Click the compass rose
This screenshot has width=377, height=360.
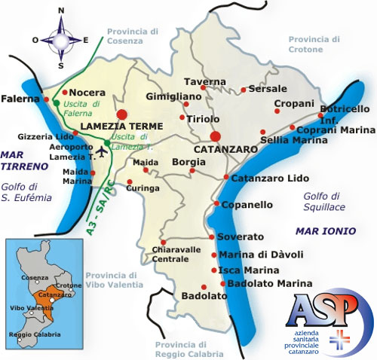62,38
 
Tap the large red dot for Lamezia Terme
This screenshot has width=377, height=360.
123,114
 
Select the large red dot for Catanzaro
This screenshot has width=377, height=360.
215,136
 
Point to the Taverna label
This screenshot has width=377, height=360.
206,81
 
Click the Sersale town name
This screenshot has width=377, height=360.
268,88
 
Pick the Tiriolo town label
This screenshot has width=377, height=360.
204,118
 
